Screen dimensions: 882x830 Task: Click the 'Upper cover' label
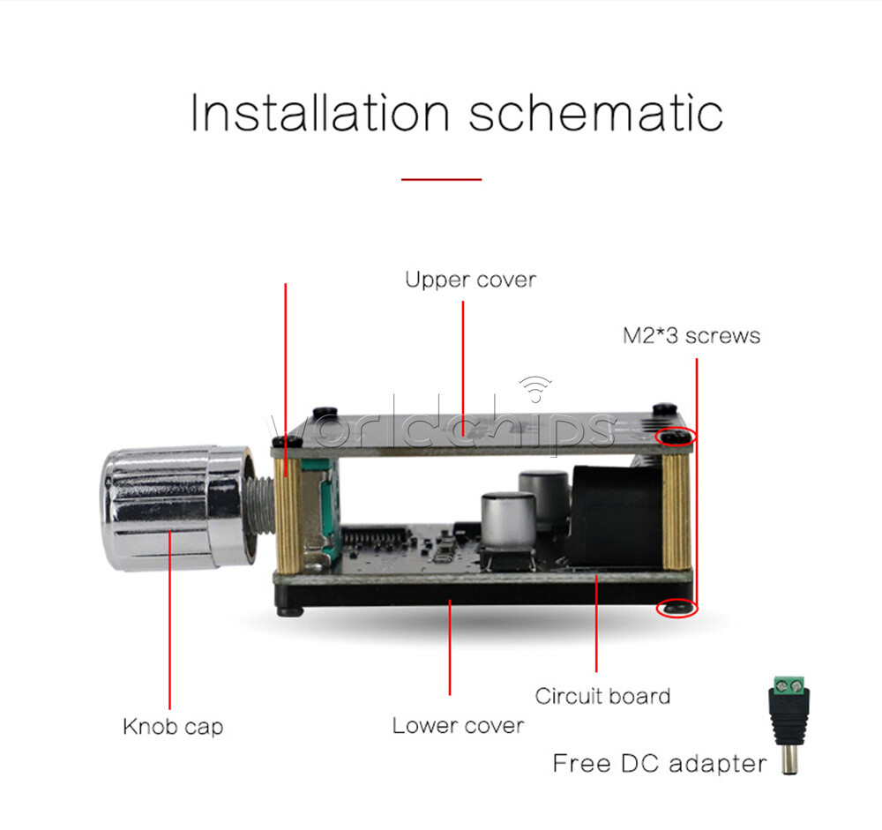[470, 280]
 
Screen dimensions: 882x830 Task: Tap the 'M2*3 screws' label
[691, 335]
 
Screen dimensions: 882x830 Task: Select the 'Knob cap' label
[173, 727]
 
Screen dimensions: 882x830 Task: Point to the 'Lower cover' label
[458, 725]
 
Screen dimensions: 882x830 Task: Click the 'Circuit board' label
[602, 696]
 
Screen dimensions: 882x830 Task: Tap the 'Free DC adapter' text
[659, 764]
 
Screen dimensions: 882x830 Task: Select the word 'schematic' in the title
[595, 113]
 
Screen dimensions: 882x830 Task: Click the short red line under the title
[441, 180]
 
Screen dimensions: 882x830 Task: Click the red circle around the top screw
[676, 436]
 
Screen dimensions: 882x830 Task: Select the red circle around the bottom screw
[676, 608]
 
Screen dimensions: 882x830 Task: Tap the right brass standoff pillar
[676, 512]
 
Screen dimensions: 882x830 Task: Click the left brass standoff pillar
[288, 515]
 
